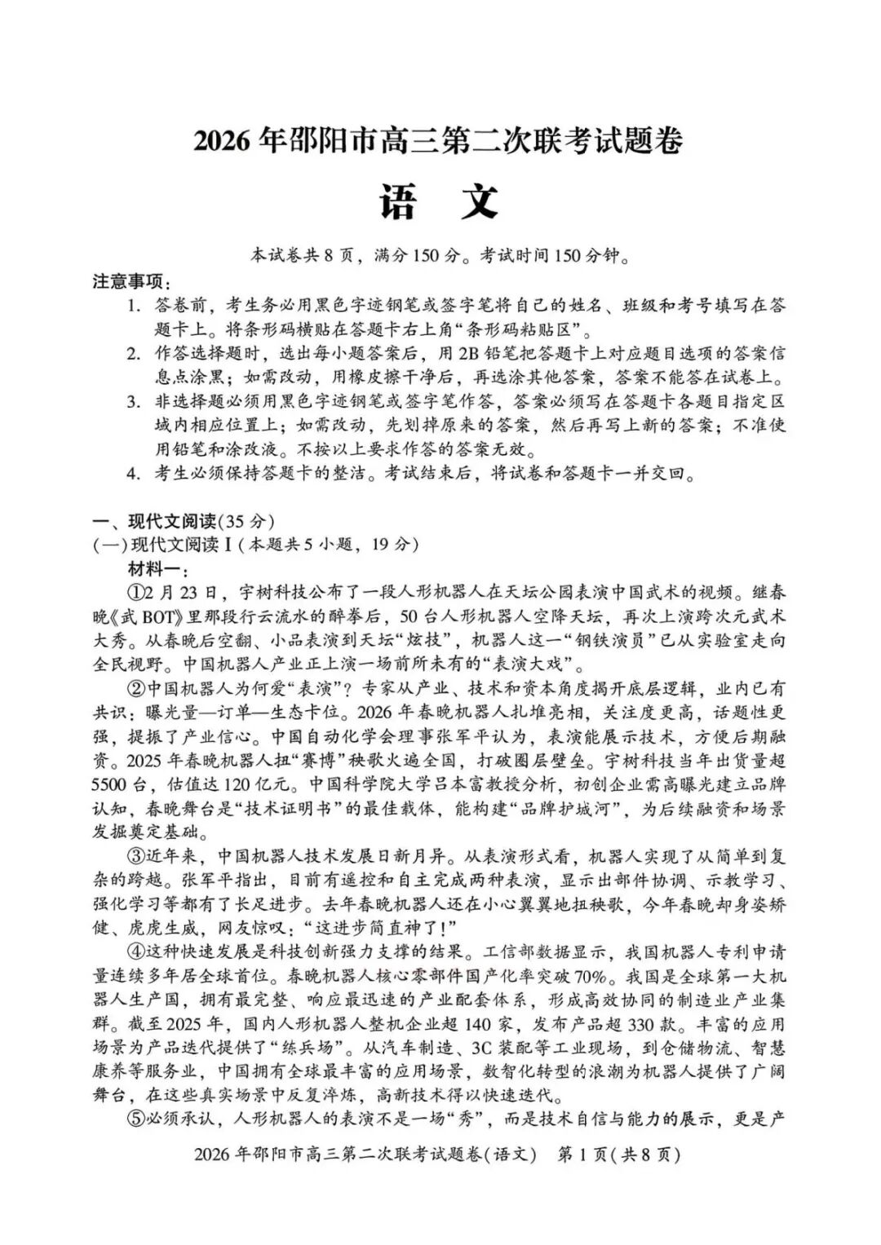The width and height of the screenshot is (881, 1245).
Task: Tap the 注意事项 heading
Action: pos(131,282)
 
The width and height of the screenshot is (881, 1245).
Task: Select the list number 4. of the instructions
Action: pos(134,474)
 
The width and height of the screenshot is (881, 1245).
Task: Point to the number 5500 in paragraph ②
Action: pos(110,785)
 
